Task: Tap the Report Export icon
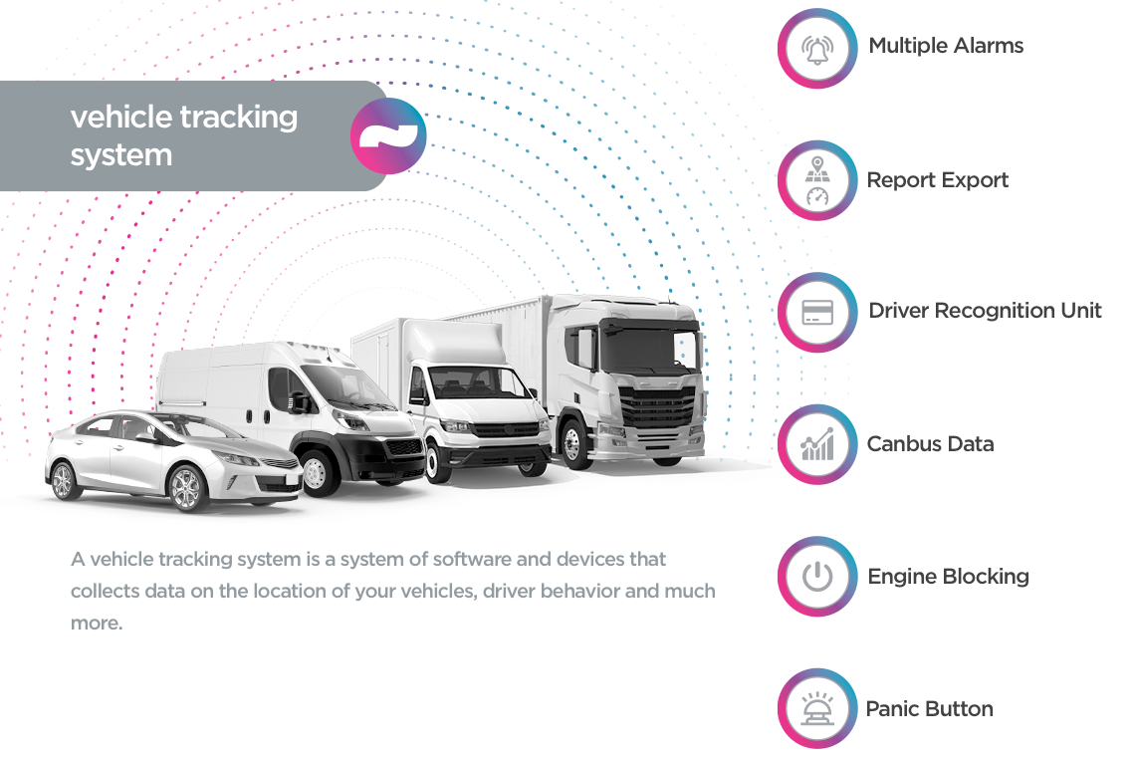(817, 181)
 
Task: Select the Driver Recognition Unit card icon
(817, 313)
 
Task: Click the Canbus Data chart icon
(817, 445)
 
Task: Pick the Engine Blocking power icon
(817, 577)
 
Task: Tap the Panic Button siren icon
(817, 709)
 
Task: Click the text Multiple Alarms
(946, 46)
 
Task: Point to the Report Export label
(937, 180)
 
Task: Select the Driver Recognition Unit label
(985, 311)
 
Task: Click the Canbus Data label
(930, 444)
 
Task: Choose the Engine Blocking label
(948, 577)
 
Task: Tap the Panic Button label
(929, 709)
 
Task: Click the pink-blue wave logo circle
(388, 136)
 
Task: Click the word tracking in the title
(239, 118)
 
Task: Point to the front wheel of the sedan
(185, 488)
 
